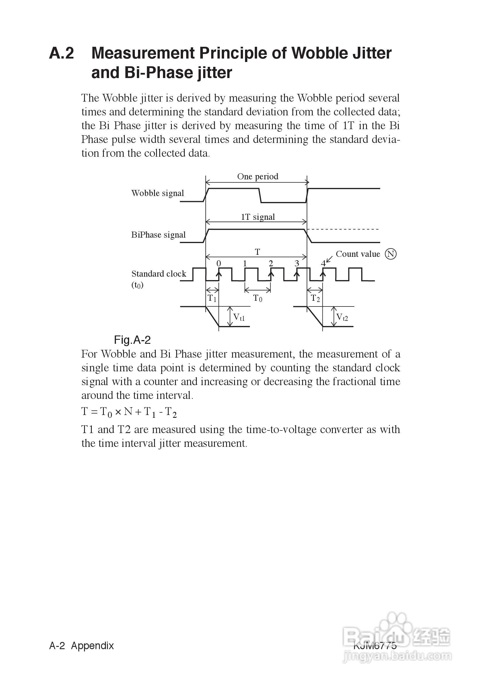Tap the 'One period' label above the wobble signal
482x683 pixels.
[258, 176]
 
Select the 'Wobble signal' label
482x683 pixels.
[158, 193]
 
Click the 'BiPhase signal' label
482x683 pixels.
[158, 235]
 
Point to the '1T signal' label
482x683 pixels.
[258, 217]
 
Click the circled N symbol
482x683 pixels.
[390, 254]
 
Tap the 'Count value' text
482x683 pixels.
[358, 254]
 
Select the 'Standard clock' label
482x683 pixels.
[159, 274]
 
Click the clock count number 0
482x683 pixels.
[219, 263]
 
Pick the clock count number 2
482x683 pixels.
[271, 263]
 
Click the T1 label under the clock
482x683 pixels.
[212, 298]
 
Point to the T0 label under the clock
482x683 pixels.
[258, 298]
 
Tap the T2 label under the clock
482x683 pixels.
[315, 298]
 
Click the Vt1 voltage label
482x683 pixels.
[239, 317]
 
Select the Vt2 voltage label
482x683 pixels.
[342, 317]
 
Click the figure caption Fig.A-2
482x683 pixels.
[132, 340]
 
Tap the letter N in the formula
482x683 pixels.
[128, 412]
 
